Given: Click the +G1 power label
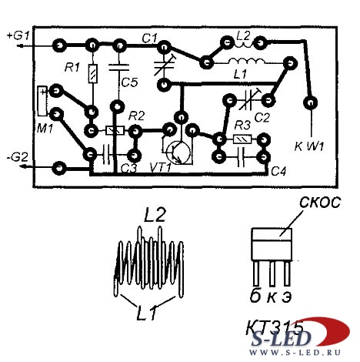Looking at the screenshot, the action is pyautogui.click(x=18, y=35).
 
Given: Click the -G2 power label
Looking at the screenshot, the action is pyautogui.click(x=17, y=157).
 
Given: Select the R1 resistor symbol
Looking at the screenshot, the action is pyautogui.click(x=93, y=74).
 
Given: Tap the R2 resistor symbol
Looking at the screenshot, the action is pyautogui.click(x=115, y=131).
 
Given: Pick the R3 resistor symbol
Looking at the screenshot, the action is pyautogui.click(x=242, y=139).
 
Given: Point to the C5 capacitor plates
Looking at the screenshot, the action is pyautogui.click(x=118, y=67).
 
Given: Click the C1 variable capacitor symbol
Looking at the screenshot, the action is pyautogui.click(x=165, y=65).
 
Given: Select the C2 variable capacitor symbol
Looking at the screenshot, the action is pyautogui.click(x=248, y=100).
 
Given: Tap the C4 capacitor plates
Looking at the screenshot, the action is pyautogui.click(x=241, y=157).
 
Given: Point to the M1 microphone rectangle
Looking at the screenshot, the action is pyautogui.click(x=42, y=101).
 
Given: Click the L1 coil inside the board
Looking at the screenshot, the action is pyautogui.click(x=246, y=62).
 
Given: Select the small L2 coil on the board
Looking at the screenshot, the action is pyautogui.click(x=244, y=45).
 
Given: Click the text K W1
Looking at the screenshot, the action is pyautogui.click(x=309, y=146).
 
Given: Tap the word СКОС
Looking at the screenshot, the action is pyautogui.click(x=320, y=203).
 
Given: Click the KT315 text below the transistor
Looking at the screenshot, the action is pyautogui.click(x=275, y=327).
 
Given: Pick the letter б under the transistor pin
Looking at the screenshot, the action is pyautogui.click(x=255, y=296).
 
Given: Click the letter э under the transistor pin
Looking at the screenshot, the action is pyautogui.click(x=286, y=297).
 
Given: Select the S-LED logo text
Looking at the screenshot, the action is pyautogui.click(x=281, y=339).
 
